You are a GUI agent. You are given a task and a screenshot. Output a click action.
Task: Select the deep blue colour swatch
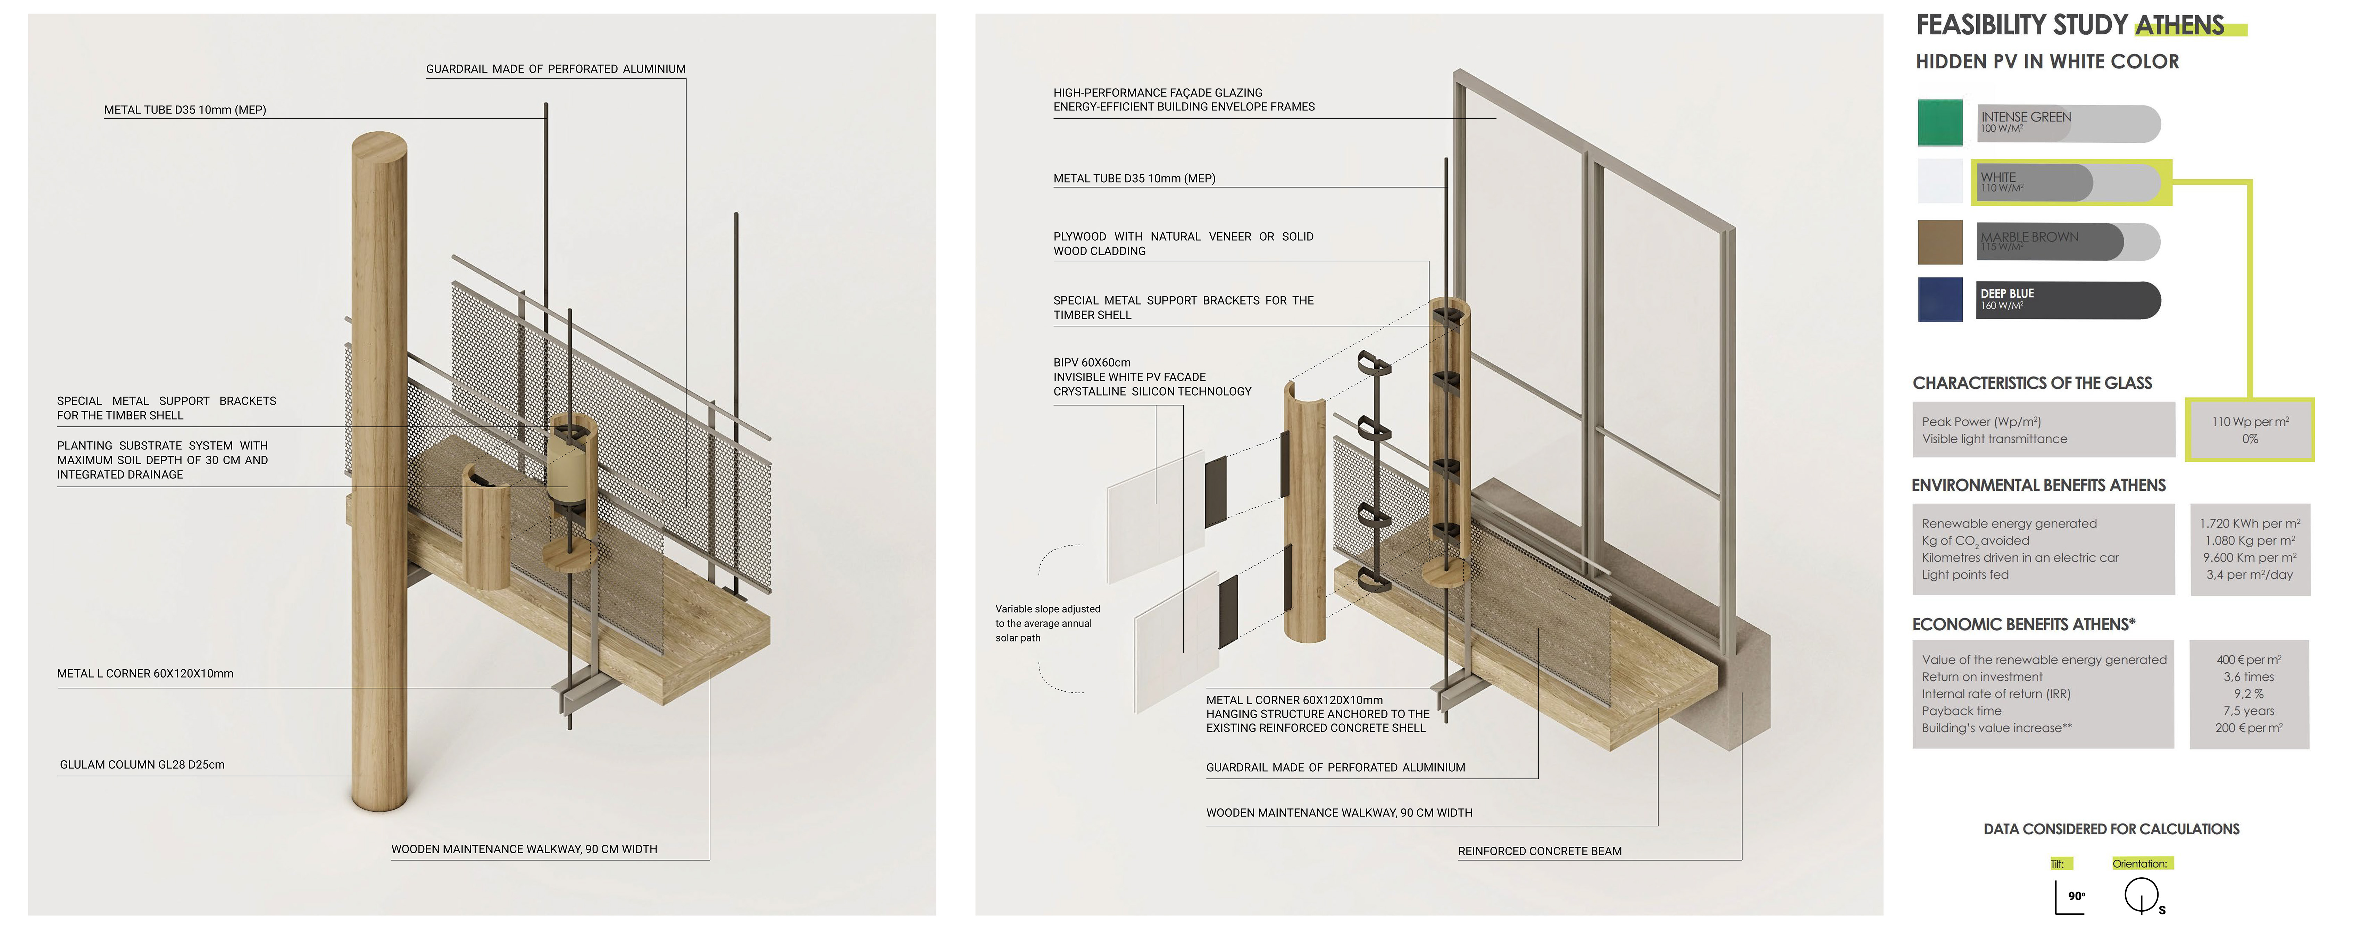pyautogui.click(x=1939, y=300)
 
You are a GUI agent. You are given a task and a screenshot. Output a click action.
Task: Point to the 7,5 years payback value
pyautogui.click(x=2249, y=711)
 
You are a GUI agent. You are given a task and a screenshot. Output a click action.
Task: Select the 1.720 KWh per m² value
pyautogui.click(x=2249, y=523)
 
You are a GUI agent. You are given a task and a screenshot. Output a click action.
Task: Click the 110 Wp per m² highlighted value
pyautogui.click(x=2249, y=422)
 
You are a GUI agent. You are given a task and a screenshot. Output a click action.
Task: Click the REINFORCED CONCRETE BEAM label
pyautogui.click(x=1539, y=851)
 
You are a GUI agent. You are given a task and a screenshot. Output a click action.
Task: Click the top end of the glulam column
pyautogui.click(x=379, y=146)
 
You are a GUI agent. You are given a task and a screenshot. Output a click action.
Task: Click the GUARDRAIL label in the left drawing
pyautogui.click(x=556, y=68)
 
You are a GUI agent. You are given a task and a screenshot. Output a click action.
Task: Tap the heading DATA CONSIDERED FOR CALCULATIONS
pyautogui.click(x=2111, y=829)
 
